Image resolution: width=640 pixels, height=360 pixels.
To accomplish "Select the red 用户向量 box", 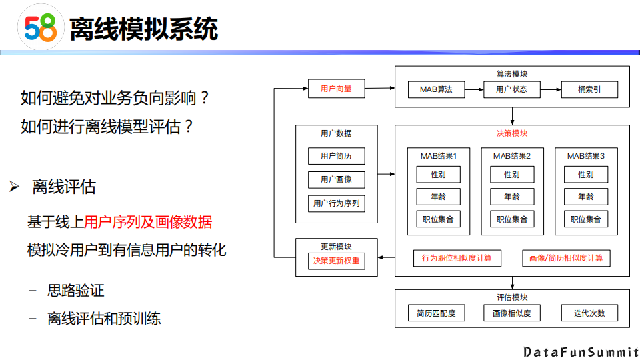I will tap(336, 89).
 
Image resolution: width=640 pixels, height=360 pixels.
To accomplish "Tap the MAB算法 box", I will tap(436, 89).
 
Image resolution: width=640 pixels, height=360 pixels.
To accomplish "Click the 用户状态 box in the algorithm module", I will tap(511, 89).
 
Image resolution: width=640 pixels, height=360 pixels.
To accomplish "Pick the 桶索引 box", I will tap(589, 89).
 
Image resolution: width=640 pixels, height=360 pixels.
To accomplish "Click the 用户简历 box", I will tap(336, 156).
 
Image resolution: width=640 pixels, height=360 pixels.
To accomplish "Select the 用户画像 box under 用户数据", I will tap(336, 179).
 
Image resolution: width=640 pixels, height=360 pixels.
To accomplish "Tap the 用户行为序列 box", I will tap(336, 203).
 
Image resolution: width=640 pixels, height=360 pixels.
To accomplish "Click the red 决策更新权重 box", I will tap(336, 261).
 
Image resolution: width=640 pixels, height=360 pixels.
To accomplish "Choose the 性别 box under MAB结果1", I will tap(438, 175).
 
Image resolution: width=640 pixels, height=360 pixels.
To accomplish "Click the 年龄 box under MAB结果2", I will tap(512, 197).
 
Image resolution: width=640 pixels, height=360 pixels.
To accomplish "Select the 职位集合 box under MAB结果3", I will tap(586, 219).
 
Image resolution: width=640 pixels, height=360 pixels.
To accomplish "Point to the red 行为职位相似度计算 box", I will tap(457, 258).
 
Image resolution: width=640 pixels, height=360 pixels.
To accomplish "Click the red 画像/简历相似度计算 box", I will tap(566, 258).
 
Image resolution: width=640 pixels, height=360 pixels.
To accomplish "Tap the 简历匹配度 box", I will tap(436, 313).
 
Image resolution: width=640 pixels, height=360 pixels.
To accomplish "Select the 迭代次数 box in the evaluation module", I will tap(589, 313).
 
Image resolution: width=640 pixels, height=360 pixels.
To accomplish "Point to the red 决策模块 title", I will tap(512, 133).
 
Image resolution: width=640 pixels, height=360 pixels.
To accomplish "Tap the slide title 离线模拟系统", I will tap(144, 30).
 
